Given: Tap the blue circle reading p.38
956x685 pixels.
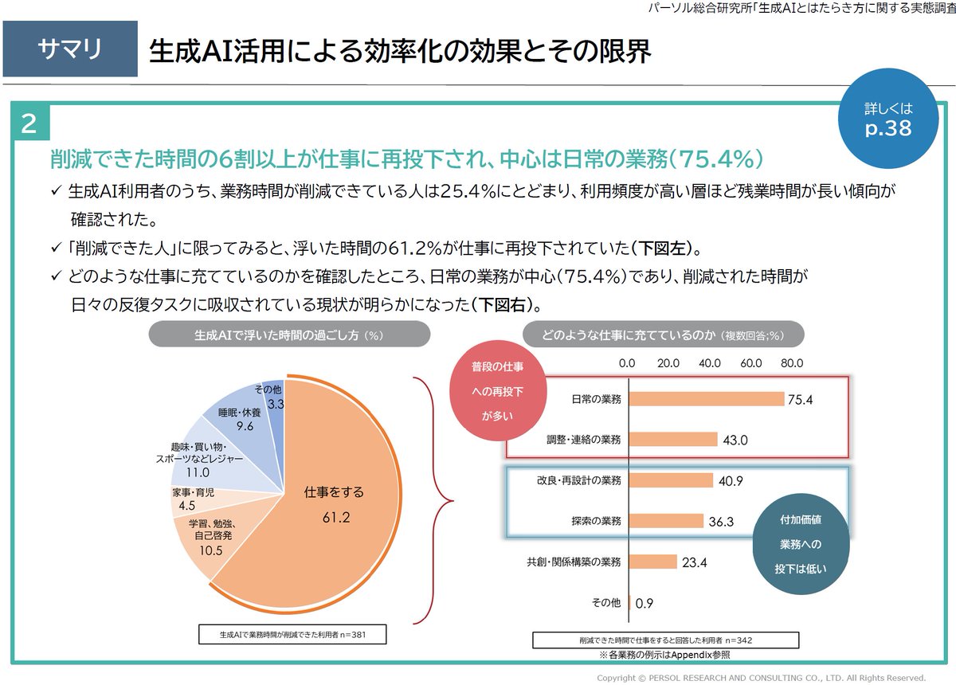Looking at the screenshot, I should pos(887,120).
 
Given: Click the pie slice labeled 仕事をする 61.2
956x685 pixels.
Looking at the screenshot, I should pos(335,506).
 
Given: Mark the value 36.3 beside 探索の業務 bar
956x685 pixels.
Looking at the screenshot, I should pos(721,521).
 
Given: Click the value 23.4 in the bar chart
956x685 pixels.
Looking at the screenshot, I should pos(694,562).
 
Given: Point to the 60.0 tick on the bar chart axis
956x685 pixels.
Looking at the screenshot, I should pos(751,363).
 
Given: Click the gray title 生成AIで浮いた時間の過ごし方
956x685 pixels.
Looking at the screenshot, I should pos(289,335).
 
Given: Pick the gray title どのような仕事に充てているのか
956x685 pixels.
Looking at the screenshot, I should pos(663,335).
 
